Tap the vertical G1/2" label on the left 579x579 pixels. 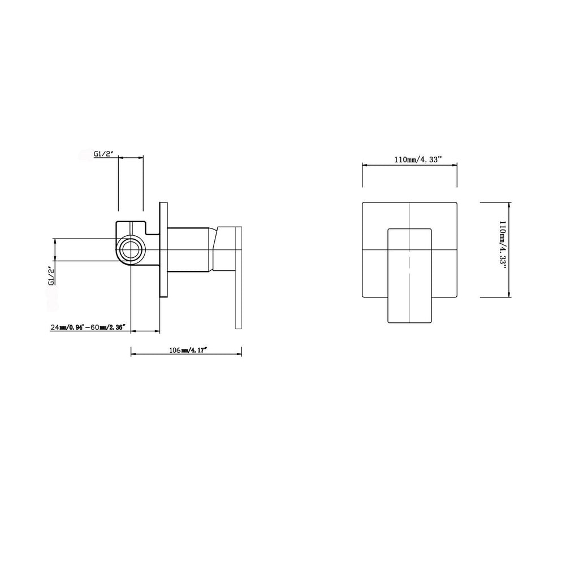(51, 275)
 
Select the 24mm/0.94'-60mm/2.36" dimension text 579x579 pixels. (88, 327)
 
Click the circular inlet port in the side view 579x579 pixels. (131, 249)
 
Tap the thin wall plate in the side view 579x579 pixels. (163, 249)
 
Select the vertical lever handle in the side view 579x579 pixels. (238, 278)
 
